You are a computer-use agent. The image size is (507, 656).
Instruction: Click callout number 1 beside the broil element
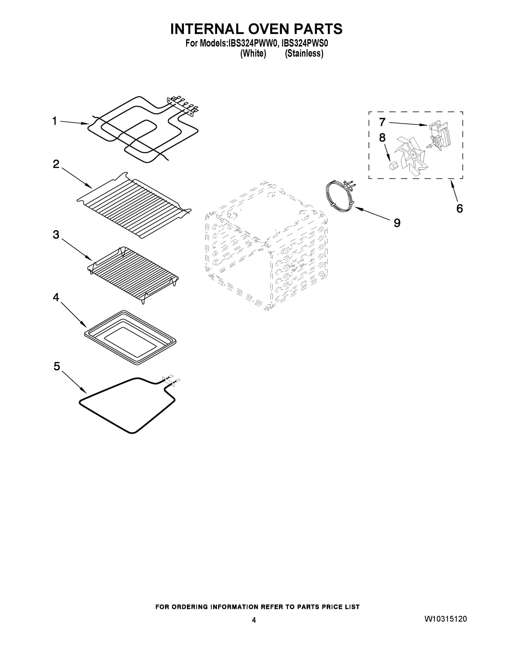54,121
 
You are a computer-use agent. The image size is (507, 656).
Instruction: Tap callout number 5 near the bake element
57,367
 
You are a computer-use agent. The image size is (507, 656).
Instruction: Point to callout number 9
397,223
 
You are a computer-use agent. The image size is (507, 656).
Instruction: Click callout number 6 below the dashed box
459,209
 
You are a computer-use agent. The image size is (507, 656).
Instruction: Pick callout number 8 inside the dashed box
382,138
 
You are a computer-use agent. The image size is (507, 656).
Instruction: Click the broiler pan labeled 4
130,337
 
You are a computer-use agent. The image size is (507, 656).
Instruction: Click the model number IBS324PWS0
304,43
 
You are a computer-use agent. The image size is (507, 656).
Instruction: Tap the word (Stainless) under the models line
304,54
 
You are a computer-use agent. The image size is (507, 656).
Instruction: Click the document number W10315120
446,619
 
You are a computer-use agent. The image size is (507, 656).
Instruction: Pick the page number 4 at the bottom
254,620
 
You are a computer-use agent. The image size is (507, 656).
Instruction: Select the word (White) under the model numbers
253,54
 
